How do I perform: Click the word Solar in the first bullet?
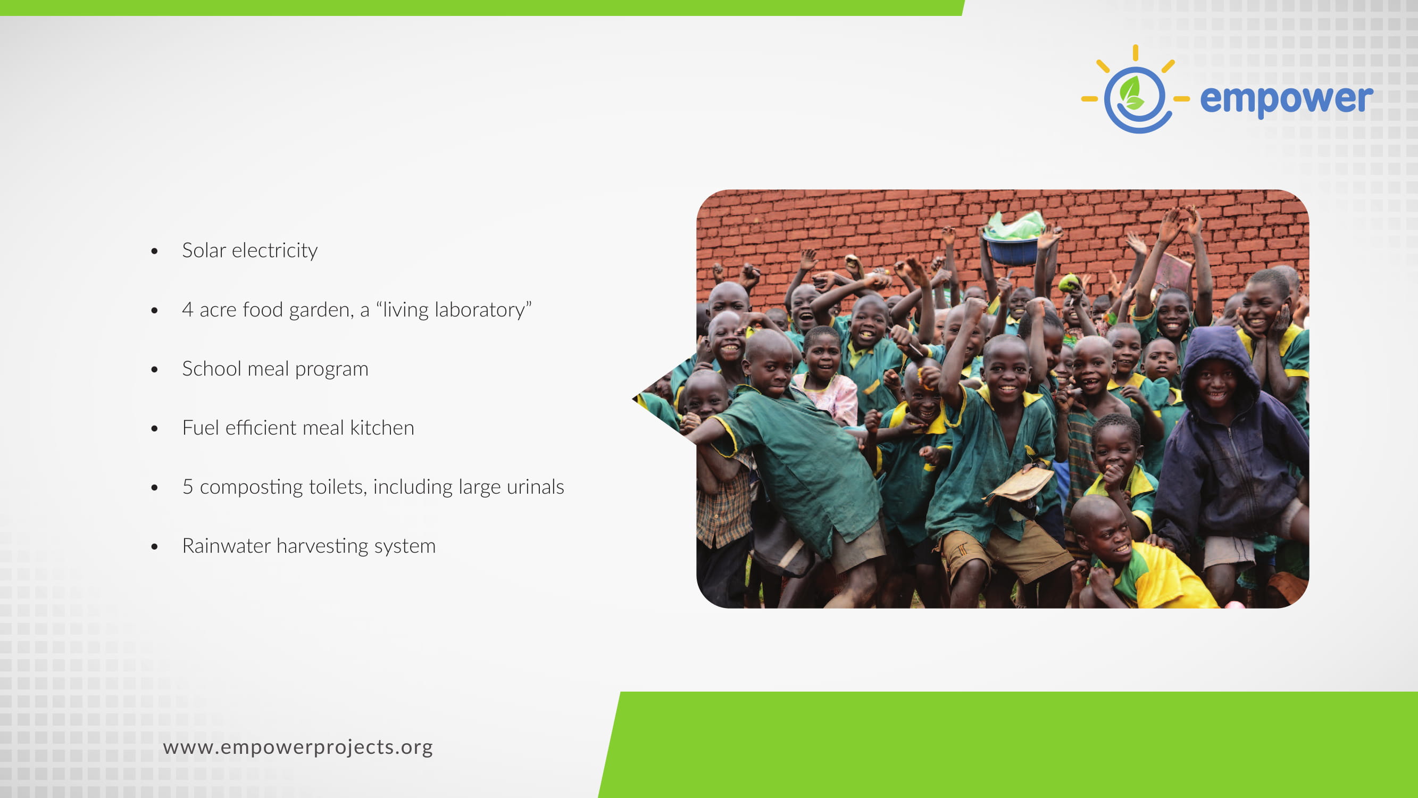coord(204,251)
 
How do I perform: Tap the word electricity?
coord(274,251)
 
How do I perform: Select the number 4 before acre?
coord(188,310)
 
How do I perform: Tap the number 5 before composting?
coord(188,487)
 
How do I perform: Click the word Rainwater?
coord(226,546)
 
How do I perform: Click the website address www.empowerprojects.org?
coord(298,747)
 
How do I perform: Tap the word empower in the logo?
coord(1287,99)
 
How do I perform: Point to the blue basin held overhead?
coord(1013,249)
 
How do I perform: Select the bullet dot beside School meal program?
coord(155,370)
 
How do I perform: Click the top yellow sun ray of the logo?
coord(1135,53)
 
